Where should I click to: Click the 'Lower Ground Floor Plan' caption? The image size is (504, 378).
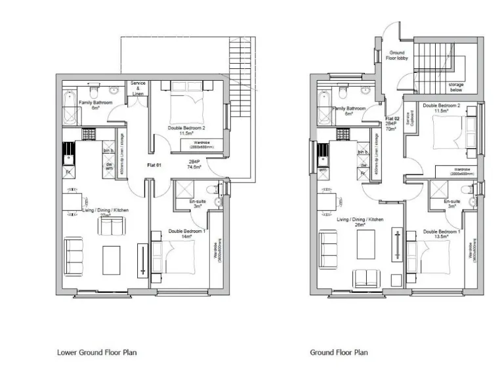tap(96, 352)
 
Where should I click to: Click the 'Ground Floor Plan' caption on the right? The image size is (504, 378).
tap(339, 352)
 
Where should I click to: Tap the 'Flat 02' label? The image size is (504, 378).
tap(391, 118)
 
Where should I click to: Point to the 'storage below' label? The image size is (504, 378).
tap(456, 87)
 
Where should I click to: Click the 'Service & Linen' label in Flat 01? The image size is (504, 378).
tap(138, 88)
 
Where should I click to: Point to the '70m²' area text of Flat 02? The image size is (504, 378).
tap(391, 130)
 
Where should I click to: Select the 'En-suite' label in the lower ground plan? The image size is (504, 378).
tap(198, 201)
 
